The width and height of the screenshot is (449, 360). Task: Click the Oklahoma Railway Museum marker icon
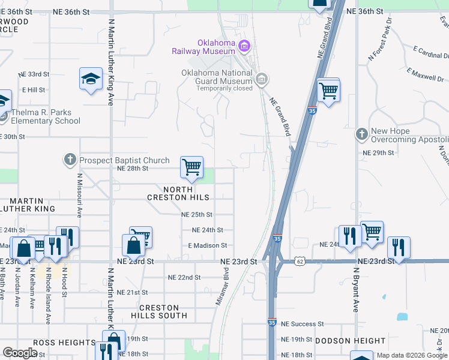[x=244, y=46]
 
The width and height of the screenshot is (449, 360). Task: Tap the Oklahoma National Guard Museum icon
[x=262, y=79]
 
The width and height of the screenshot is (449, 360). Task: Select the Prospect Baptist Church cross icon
[x=70, y=160]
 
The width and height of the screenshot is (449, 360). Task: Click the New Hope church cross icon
[x=361, y=134]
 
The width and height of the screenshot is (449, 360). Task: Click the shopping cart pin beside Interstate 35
[x=328, y=92]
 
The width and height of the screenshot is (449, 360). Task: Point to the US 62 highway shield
[x=300, y=261]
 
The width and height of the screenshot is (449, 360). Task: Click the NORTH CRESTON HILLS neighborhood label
[x=179, y=193]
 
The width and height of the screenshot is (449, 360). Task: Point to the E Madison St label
[x=207, y=245]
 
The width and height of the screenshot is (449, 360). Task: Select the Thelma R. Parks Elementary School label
[x=42, y=116]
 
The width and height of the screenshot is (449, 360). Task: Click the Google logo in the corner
[x=20, y=353]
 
